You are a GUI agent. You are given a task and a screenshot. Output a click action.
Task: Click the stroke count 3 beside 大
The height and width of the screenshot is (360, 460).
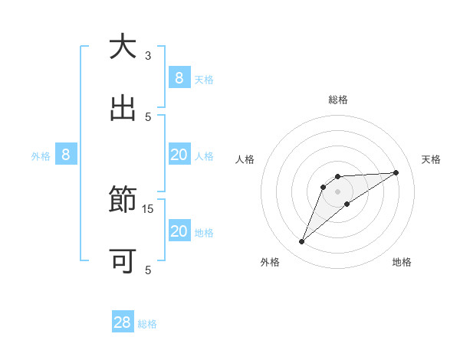click(x=148, y=56)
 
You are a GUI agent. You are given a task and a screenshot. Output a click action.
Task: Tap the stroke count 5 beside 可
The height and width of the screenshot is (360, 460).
click(x=148, y=270)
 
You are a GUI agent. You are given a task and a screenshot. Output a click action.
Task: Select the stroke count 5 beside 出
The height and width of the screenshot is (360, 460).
click(x=148, y=116)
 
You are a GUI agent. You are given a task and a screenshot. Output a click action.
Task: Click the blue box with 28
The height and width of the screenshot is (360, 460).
click(x=123, y=322)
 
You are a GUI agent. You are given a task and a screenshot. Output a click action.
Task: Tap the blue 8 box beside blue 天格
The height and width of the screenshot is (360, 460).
click(x=179, y=78)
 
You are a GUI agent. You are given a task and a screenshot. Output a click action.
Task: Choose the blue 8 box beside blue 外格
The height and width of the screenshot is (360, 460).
click(x=66, y=155)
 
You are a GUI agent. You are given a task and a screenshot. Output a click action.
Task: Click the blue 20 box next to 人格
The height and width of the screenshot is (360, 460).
click(x=179, y=155)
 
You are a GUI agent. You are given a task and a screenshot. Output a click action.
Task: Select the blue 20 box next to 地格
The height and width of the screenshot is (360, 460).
click(x=179, y=231)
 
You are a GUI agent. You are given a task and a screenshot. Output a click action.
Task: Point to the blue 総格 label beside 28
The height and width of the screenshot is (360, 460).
click(x=148, y=324)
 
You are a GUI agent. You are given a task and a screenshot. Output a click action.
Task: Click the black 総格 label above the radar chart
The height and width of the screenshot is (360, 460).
click(x=337, y=100)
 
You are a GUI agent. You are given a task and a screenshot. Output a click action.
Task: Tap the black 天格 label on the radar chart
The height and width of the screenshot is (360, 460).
click(x=431, y=159)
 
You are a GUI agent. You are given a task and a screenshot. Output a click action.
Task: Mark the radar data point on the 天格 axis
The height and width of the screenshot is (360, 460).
click(x=396, y=172)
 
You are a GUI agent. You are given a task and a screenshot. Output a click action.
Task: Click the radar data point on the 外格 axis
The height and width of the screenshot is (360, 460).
click(x=302, y=242)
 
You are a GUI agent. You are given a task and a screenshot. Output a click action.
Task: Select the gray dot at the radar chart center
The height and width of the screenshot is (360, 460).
click(x=337, y=191)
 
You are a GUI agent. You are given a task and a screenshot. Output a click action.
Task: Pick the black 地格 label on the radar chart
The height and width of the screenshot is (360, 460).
click(x=402, y=262)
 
